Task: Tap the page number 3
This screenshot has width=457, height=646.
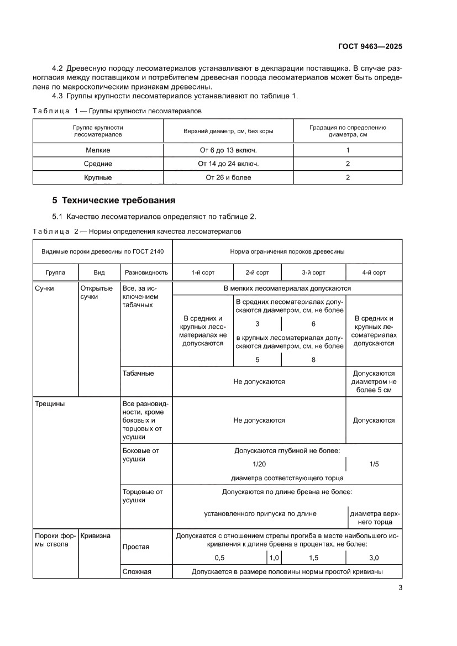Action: click(x=400, y=588)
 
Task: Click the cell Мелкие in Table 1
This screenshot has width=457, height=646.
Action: click(x=98, y=150)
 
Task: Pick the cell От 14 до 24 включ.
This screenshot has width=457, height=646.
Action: click(x=228, y=164)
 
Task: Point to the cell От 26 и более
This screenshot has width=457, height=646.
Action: click(x=228, y=178)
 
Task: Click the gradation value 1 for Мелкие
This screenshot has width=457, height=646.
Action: click(x=348, y=150)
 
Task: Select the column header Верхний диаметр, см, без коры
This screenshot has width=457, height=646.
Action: click(x=228, y=131)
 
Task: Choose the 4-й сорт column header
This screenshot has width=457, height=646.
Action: click(x=374, y=273)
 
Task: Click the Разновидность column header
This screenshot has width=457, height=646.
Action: click(x=146, y=273)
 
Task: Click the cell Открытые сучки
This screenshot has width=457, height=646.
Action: click(x=97, y=292)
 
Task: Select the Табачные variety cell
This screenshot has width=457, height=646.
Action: click(x=138, y=374)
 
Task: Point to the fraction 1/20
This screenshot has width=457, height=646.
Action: click(x=259, y=464)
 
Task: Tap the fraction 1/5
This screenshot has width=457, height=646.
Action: click(x=374, y=464)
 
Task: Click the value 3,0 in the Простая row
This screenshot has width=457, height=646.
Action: click(x=374, y=558)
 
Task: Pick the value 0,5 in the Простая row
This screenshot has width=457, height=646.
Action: click(x=219, y=558)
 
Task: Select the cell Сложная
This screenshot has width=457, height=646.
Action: click(x=137, y=573)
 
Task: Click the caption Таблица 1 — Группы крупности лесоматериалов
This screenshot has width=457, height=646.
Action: click(x=117, y=111)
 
